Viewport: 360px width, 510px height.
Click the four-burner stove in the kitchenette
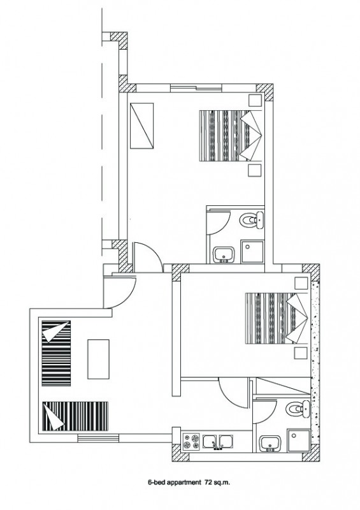191,441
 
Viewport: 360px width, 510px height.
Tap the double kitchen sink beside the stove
217,442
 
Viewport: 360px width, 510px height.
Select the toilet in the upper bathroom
252,220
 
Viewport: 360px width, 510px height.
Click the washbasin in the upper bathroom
224,254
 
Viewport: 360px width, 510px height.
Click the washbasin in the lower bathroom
270,444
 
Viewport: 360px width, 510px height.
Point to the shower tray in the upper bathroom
252,251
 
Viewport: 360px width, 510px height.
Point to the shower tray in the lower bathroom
299,441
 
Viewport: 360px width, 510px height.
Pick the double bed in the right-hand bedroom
277,318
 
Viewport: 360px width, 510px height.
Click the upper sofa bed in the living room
56,353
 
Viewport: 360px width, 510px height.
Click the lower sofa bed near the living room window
75,416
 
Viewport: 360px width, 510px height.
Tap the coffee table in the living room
98,359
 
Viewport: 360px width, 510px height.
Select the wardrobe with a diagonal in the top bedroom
142,126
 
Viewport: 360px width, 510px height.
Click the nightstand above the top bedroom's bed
256,101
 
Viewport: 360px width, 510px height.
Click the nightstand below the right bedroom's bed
301,353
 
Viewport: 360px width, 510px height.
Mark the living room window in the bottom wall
99,438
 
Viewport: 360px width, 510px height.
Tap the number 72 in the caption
208,483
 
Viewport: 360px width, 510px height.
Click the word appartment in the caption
184,483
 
